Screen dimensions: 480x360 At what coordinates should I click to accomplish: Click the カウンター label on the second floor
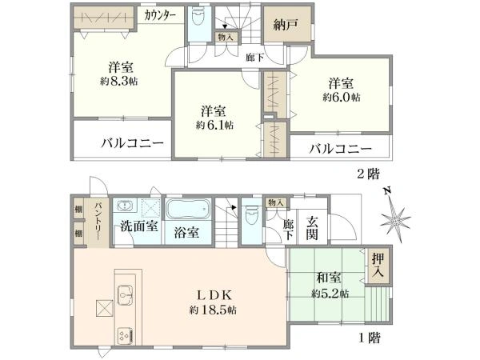[160, 15]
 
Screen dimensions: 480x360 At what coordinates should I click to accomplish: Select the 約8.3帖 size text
[118, 82]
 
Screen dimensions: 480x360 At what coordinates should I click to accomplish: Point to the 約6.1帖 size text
[214, 125]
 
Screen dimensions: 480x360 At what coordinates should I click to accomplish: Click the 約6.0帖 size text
[342, 98]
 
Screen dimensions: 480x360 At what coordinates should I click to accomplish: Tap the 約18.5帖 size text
[213, 310]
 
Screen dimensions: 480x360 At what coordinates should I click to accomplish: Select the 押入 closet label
[378, 265]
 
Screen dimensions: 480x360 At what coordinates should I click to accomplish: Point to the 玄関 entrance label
[312, 228]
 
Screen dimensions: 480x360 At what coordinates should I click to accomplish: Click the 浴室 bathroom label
[186, 233]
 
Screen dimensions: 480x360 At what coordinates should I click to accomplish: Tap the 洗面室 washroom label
[139, 226]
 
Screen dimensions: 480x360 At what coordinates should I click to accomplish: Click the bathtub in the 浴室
[188, 209]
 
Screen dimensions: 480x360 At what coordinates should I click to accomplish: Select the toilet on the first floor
[252, 214]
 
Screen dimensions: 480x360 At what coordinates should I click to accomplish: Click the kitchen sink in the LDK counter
[126, 294]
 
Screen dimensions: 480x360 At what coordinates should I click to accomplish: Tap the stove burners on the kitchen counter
[126, 336]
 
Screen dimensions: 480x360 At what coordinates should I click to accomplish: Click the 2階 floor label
[369, 174]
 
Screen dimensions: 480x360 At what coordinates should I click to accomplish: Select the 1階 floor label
[370, 338]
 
